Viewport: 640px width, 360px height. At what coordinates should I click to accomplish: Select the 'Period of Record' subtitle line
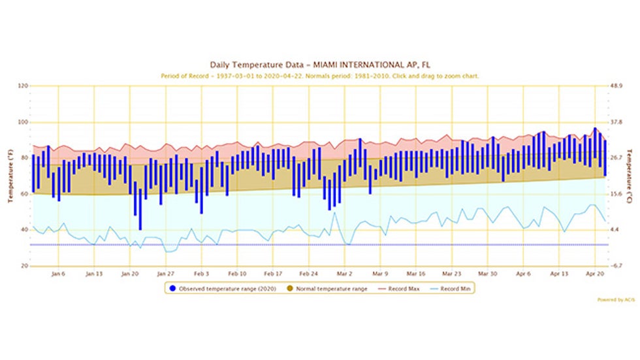320,76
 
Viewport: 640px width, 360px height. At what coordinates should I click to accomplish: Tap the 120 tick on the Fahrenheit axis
23,86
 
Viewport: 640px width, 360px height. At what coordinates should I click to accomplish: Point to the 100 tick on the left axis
23,122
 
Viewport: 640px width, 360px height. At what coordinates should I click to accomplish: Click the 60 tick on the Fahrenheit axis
24,194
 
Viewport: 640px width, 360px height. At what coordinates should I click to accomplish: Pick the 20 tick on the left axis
24,267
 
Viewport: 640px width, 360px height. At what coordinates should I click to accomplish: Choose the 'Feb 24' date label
308,274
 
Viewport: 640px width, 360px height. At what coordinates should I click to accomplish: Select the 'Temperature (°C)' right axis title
630,176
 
